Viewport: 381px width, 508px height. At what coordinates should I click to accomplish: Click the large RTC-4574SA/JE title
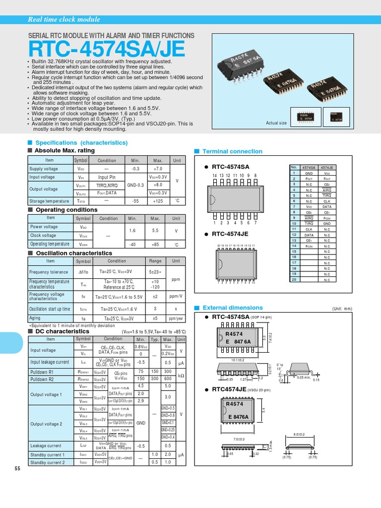pyautogui.click(x=107, y=49)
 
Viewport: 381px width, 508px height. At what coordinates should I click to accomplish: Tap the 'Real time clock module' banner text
pyautogui.click(x=64, y=20)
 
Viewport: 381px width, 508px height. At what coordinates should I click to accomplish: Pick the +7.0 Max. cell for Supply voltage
pyautogui.click(x=158, y=169)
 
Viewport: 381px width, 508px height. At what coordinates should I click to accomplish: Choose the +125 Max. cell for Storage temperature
pyautogui.click(x=158, y=201)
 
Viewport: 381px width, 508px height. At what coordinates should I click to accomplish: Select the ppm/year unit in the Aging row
pyautogui.click(x=176, y=318)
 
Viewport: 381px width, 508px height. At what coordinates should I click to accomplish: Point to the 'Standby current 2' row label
pyautogui.click(x=47, y=462)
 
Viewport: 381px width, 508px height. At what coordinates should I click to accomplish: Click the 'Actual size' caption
pyautogui.click(x=276, y=123)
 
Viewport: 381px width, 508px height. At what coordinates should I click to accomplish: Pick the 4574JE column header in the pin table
pyautogui.click(x=326, y=168)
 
